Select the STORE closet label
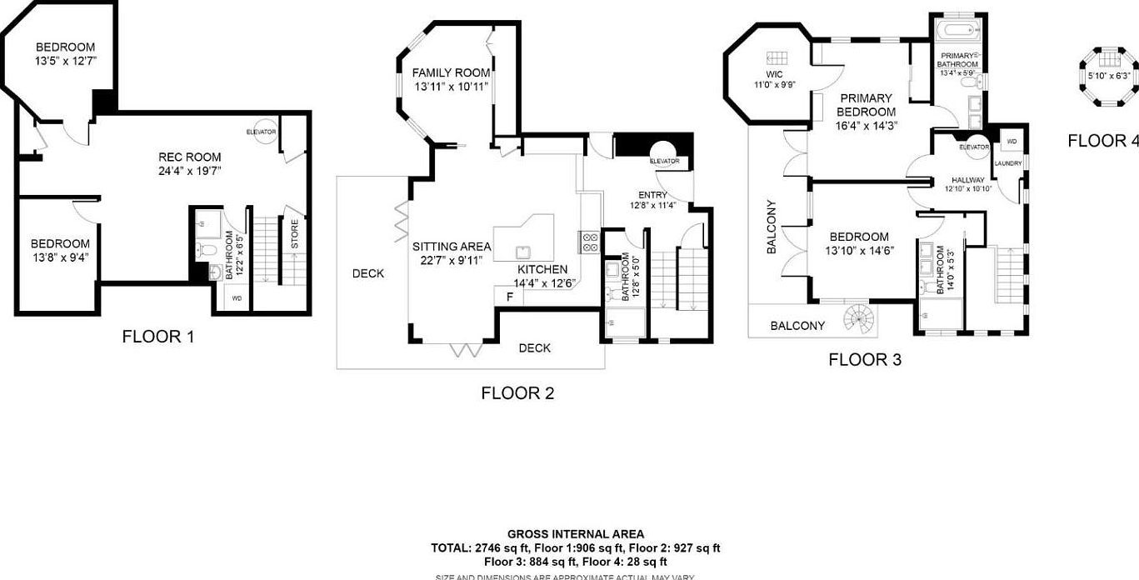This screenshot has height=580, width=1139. (294, 234)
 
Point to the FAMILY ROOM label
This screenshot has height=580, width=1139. (450, 73)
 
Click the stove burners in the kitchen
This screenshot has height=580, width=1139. (590, 242)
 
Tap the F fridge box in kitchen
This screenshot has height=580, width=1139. (509, 296)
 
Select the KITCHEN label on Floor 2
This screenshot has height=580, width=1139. (542, 269)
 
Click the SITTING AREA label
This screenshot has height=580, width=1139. (451, 247)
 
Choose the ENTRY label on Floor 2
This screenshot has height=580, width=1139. (652, 195)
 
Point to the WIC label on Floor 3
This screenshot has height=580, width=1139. (773, 74)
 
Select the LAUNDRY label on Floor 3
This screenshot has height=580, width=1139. (1007, 163)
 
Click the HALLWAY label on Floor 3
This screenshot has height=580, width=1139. (967, 179)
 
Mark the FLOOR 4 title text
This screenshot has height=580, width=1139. (1102, 141)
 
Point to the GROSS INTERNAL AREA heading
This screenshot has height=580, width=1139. (575, 534)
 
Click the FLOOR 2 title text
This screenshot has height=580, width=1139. (517, 393)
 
